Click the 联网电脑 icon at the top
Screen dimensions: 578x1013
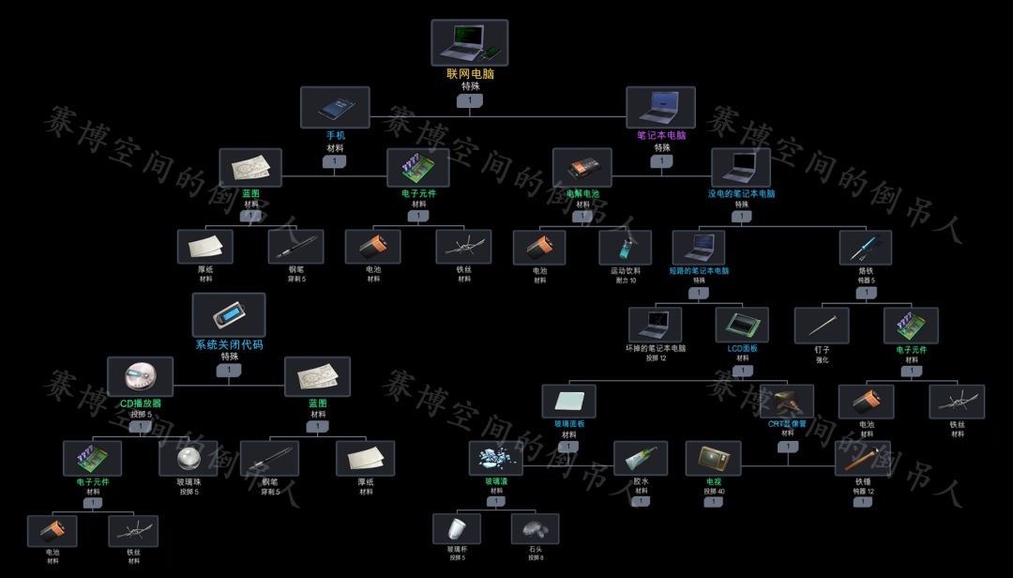(469, 42)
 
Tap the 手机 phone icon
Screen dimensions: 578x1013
(335, 107)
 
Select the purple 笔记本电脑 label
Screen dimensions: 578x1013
(661, 135)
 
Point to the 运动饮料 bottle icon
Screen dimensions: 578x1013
(625, 248)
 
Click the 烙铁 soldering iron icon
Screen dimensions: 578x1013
(865, 248)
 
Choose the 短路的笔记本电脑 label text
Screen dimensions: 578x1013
(699, 270)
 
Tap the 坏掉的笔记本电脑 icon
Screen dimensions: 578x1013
(655, 325)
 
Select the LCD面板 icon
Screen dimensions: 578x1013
(742, 325)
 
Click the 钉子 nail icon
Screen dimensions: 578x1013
(822, 325)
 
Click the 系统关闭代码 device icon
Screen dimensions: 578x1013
(229, 315)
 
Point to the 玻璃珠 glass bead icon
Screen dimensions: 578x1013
(188, 458)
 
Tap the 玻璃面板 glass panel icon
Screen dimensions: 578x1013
(568, 402)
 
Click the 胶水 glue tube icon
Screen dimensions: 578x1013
(641, 458)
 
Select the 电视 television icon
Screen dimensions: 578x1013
(713, 458)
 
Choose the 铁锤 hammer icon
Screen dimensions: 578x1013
(863, 458)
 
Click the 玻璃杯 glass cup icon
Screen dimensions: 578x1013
(457, 528)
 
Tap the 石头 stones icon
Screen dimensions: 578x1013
(536, 528)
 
